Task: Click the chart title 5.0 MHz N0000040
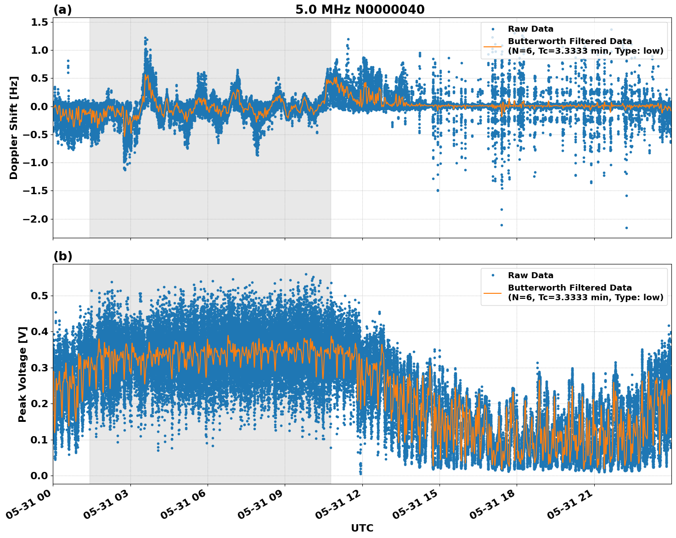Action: [x=360, y=10]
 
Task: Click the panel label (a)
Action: [x=62, y=10]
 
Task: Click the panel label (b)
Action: [x=63, y=256]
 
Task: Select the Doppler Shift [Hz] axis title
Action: [x=14, y=128]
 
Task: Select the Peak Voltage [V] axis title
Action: [x=23, y=374]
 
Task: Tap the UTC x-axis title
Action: [x=362, y=528]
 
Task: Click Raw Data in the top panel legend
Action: [x=530, y=29]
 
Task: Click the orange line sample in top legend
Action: [x=492, y=46]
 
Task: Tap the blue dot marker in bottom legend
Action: [x=492, y=275]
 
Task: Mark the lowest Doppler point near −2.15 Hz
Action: [x=626, y=228]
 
